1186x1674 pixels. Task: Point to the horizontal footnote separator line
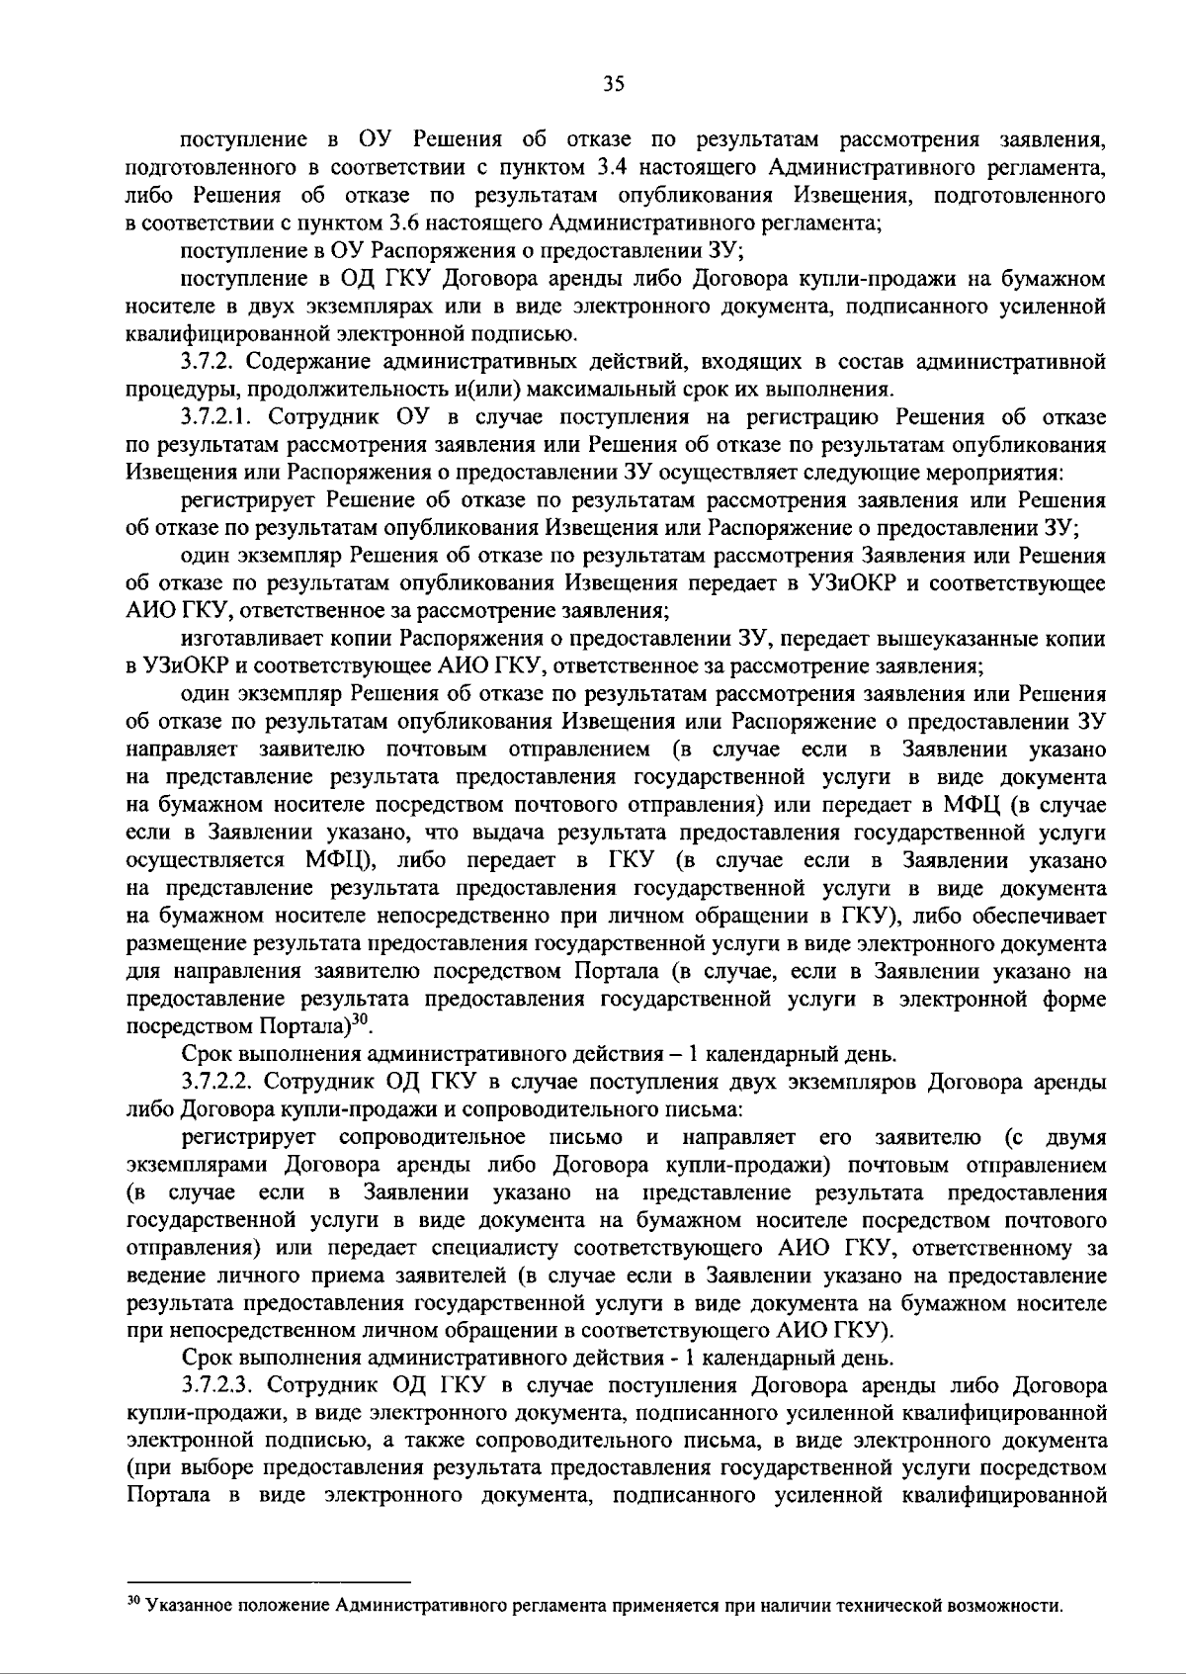[269, 1582]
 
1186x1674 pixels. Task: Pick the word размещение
[186, 943]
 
